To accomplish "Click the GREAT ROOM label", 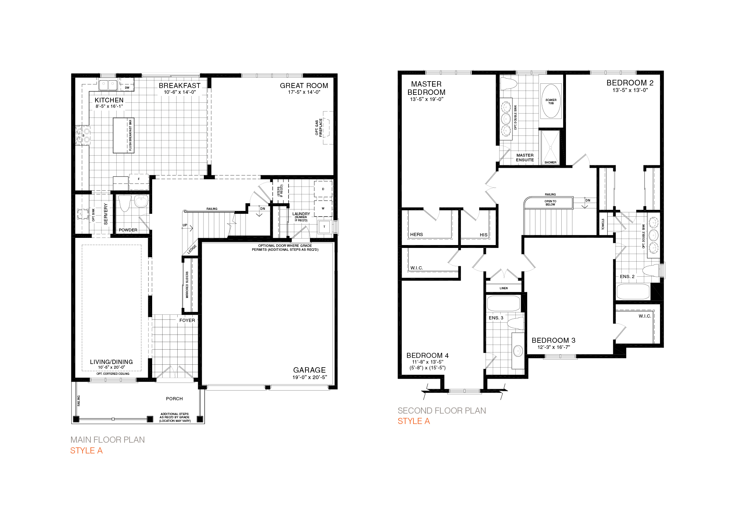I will [304, 86].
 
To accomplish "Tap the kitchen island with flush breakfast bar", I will [123, 135].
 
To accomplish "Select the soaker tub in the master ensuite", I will [551, 101].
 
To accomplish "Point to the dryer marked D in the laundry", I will [323, 189].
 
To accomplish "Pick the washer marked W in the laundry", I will [323, 208].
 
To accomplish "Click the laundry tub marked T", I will [324, 227].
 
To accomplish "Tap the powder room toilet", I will [125, 203].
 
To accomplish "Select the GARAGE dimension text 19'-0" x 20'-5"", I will [309, 377].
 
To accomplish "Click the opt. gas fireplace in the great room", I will [327, 128].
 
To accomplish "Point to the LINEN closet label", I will [504, 288].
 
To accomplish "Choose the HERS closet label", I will [416, 235].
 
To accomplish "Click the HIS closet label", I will [483, 235].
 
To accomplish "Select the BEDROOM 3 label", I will [553, 340].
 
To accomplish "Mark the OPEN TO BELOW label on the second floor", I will [550, 203].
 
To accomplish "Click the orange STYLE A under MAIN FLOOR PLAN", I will [86, 451].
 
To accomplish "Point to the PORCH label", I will [174, 399].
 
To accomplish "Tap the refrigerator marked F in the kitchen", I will [139, 179].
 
